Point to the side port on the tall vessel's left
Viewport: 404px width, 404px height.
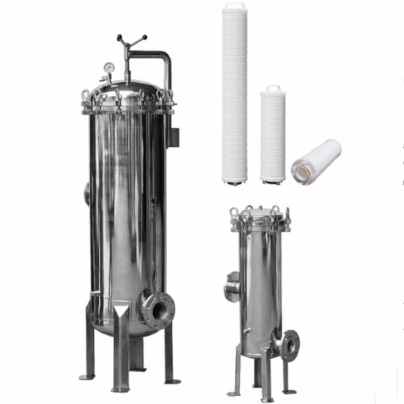[87, 192]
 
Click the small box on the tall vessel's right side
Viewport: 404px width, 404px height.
[173, 137]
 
